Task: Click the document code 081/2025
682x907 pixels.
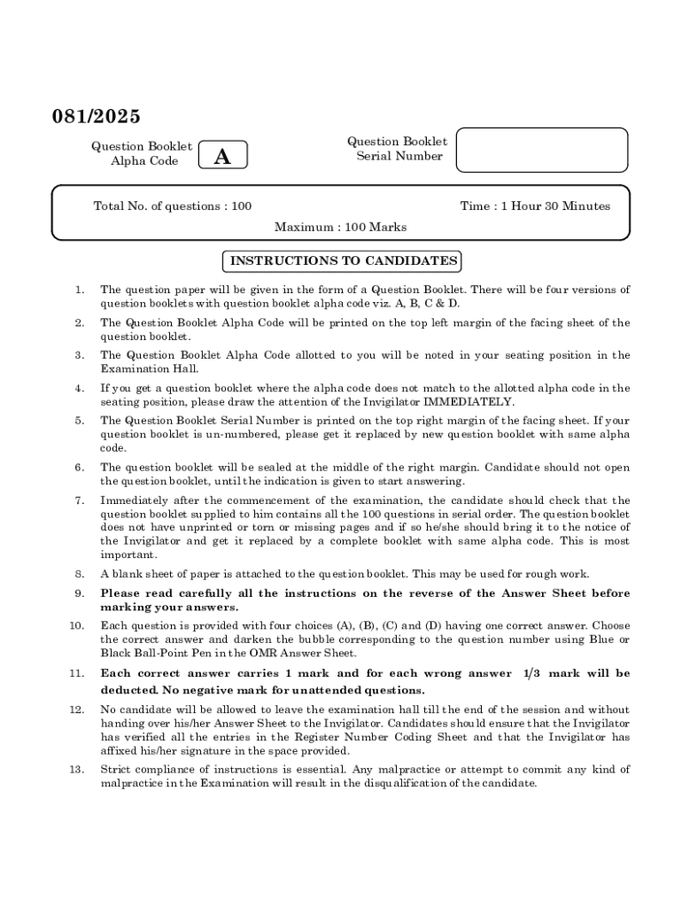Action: [95, 117]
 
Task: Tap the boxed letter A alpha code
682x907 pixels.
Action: [222, 157]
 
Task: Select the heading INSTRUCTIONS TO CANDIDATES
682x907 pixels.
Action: [344, 261]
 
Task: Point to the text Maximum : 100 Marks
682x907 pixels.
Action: [340, 228]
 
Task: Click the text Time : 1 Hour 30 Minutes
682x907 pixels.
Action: [534, 206]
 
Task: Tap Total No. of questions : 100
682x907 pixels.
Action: [173, 206]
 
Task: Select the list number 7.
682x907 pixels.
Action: [80, 500]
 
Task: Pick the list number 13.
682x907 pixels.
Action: [77, 769]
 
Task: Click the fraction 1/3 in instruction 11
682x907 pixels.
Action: [529, 674]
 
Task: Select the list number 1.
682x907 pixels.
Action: [80, 290]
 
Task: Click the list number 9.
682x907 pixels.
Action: [80, 593]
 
